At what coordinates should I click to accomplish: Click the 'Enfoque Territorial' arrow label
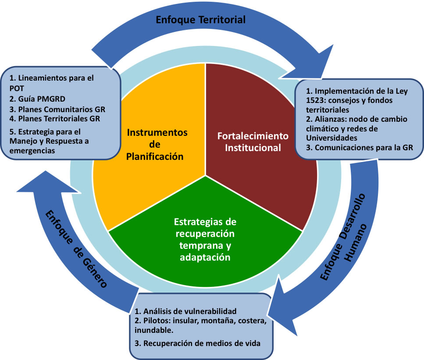(201, 20)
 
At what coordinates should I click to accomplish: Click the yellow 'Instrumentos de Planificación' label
(156, 145)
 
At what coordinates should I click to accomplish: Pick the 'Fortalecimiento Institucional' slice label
(253, 142)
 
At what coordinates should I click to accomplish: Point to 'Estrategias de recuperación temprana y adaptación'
(205, 239)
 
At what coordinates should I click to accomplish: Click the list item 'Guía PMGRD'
(37, 99)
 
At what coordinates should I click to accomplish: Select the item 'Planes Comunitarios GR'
(57, 109)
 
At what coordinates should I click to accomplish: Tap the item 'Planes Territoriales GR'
(55, 119)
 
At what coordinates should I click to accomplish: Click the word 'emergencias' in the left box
(32, 150)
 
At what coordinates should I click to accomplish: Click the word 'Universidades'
(331, 138)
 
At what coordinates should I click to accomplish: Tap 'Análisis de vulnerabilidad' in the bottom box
(185, 311)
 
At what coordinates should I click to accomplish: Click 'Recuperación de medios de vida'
(197, 343)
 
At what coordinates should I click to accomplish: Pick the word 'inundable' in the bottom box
(154, 330)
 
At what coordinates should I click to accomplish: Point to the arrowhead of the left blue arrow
(46, 184)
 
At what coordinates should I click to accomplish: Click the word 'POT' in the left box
(17, 88)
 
